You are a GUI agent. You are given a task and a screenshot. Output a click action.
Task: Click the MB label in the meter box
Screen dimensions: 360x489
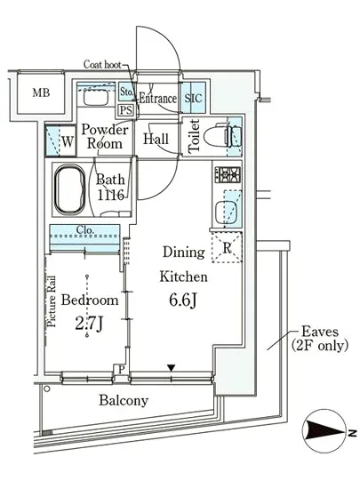pyautogui.click(x=41, y=92)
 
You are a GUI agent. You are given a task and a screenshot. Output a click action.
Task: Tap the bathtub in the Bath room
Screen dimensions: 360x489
pyautogui.click(x=70, y=189)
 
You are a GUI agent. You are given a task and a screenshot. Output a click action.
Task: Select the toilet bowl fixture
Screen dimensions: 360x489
pyautogui.click(x=222, y=136)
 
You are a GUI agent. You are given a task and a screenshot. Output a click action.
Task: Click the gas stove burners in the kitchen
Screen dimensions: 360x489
pyautogui.click(x=228, y=174)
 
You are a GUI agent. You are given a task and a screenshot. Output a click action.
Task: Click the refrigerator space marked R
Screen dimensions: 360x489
pyautogui.click(x=227, y=247)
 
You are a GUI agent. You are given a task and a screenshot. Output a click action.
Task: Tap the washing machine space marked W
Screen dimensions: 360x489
pyautogui.click(x=60, y=141)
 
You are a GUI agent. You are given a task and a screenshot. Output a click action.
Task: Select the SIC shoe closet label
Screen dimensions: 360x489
pyautogui.click(x=193, y=98)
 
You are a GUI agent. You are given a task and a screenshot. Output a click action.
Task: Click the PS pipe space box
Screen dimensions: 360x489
pyautogui.click(x=126, y=110)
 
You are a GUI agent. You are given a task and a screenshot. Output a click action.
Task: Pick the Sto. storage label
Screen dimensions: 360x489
pyautogui.click(x=126, y=92)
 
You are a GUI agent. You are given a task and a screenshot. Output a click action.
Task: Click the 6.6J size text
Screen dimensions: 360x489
pyautogui.click(x=182, y=301)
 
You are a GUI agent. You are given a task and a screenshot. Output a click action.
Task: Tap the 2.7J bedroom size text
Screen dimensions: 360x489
pyautogui.click(x=89, y=325)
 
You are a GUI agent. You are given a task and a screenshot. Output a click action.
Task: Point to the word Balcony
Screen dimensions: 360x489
pyautogui.click(x=124, y=400)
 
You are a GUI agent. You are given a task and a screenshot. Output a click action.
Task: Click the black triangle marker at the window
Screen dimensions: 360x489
pyautogui.click(x=171, y=368)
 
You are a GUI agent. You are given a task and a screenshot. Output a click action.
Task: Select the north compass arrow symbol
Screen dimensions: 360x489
pyautogui.click(x=325, y=431)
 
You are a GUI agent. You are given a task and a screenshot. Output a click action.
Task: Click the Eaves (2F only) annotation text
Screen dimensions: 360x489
pyautogui.click(x=320, y=339)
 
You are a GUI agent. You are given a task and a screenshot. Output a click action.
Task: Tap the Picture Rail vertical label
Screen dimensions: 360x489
pyautogui.click(x=52, y=301)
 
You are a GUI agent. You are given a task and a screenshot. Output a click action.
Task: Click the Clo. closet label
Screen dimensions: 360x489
pyautogui.click(x=85, y=230)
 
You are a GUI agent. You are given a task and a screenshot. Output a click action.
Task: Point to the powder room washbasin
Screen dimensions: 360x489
pyautogui.click(x=96, y=97)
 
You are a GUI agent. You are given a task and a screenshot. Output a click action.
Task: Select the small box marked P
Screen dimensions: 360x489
pyautogui.click(x=122, y=370)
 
